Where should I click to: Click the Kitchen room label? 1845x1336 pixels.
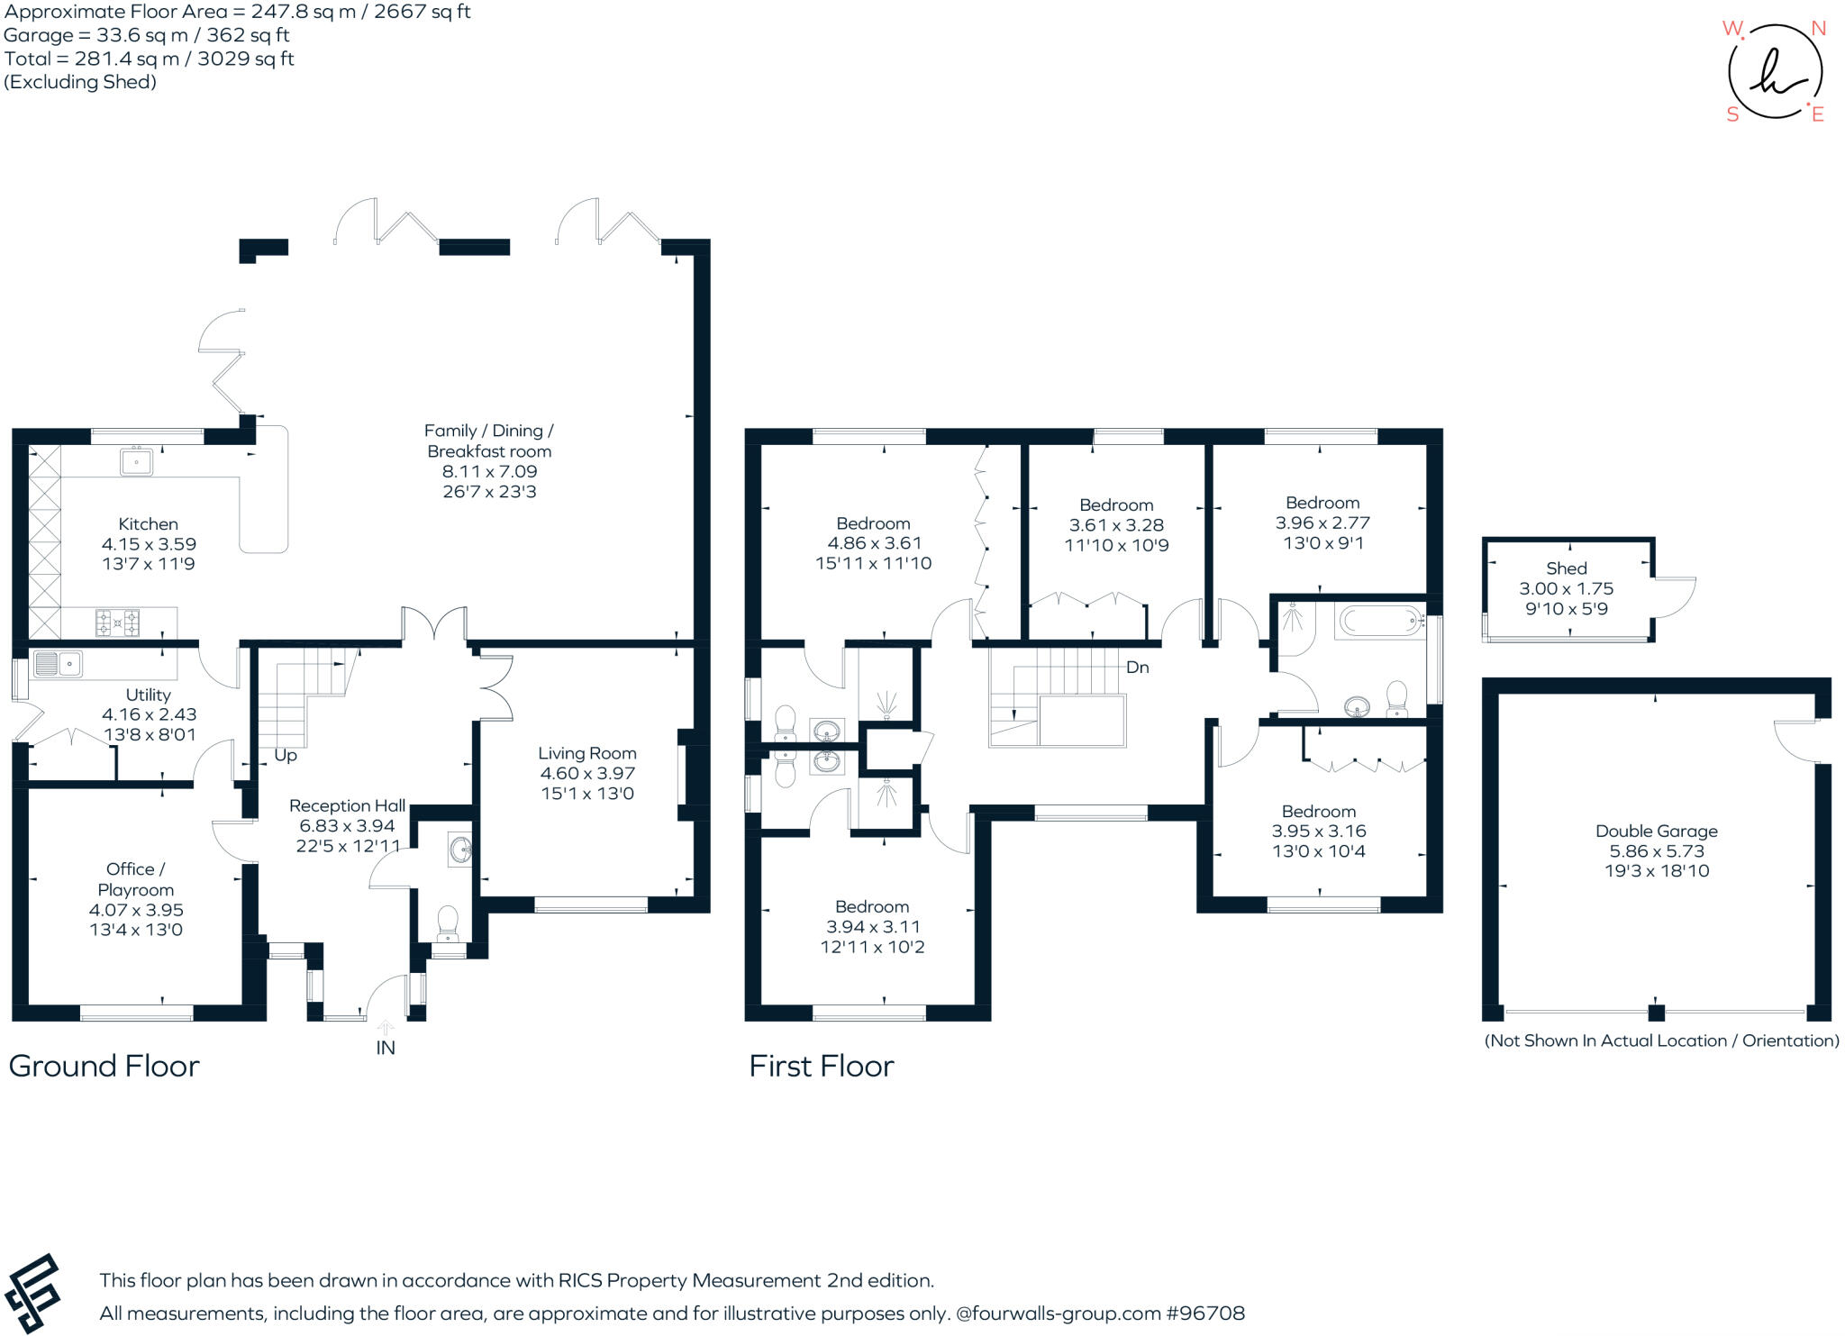coord(148,523)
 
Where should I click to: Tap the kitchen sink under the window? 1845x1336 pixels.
coord(137,462)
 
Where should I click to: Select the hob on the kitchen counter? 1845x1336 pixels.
coord(119,621)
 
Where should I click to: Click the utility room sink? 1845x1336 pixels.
coord(58,665)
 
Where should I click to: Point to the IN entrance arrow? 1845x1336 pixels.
coord(385,1028)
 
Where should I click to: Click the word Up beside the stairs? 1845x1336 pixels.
coord(285,755)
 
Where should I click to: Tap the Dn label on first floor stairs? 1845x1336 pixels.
coord(1137,668)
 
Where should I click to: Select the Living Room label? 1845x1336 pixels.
coord(587,753)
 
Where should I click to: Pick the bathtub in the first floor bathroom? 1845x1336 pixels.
coord(1378,621)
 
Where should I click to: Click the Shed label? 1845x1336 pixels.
coord(1566,568)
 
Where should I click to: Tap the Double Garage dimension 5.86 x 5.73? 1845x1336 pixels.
coord(1656,850)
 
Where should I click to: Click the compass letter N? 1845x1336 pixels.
coord(1818,29)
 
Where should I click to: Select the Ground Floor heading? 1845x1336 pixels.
coord(104,1066)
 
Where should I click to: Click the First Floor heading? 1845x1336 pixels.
coord(821,1066)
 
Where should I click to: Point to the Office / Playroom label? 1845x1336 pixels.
coord(135,879)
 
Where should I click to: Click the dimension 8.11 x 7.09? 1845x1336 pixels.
coord(489,471)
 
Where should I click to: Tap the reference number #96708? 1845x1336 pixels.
coord(1205,1313)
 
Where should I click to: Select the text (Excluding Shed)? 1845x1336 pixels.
coord(80,82)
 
